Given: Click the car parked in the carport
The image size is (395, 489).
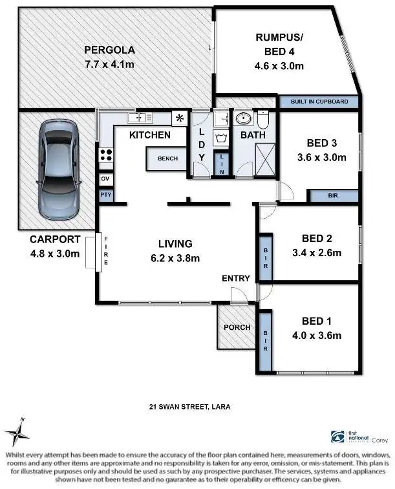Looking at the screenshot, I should pyautogui.click(x=59, y=170).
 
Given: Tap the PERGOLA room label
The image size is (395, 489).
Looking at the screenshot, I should pyautogui.click(x=109, y=50).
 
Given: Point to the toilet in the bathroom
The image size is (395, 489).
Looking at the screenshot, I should pyautogui.click(x=264, y=120).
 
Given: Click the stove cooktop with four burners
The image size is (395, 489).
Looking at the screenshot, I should pyautogui.click(x=105, y=155).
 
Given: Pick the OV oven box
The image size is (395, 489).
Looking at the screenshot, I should pyautogui.click(x=105, y=179).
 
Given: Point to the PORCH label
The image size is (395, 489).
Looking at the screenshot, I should pyautogui.click(x=237, y=327).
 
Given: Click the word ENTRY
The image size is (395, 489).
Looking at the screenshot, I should pyautogui.click(x=235, y=278).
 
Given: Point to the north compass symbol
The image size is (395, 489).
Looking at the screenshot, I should pyautogui.click(x=17, y=431).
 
